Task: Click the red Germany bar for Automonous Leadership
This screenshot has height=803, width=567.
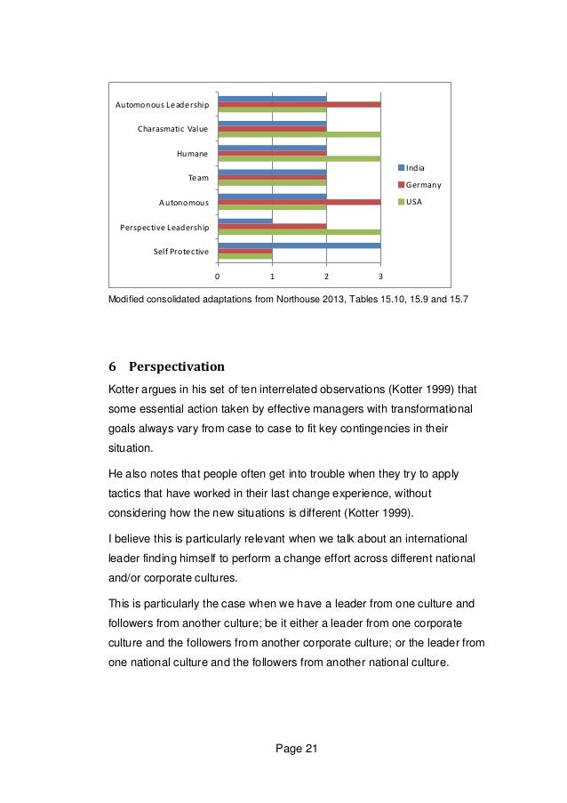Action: pyautogui.click(x=299, y=104)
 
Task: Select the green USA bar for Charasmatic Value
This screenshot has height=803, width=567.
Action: pyautogui.click(x=299, y=134)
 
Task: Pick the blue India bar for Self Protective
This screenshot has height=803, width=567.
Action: pyautogui.click(x=299, y=245)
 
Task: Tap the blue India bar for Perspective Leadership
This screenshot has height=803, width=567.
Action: pyautogui.click(x=245, y=221)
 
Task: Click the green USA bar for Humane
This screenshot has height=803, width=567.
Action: pyautogui.click(x=299, y=158)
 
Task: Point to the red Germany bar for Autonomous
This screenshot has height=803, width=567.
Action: pyautogui.click(x=299, y=202)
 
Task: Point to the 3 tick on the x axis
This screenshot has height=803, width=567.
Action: pyautogui.click(x=380, y=276)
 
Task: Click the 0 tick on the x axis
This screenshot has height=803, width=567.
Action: pyautogui.click(x=218, y=276)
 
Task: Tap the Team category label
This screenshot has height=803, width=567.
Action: pyautogui.click(x=197, y=178)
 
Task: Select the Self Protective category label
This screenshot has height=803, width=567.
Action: pyautogui.click(x=180, y=252)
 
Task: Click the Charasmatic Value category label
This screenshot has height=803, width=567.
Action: pyautogui.click(x=172, y=129)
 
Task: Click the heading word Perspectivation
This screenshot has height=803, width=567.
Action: pyautogui.click(x=177, y=366)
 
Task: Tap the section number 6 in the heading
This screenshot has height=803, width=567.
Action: pyautogui.click(x=112, y=366)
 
